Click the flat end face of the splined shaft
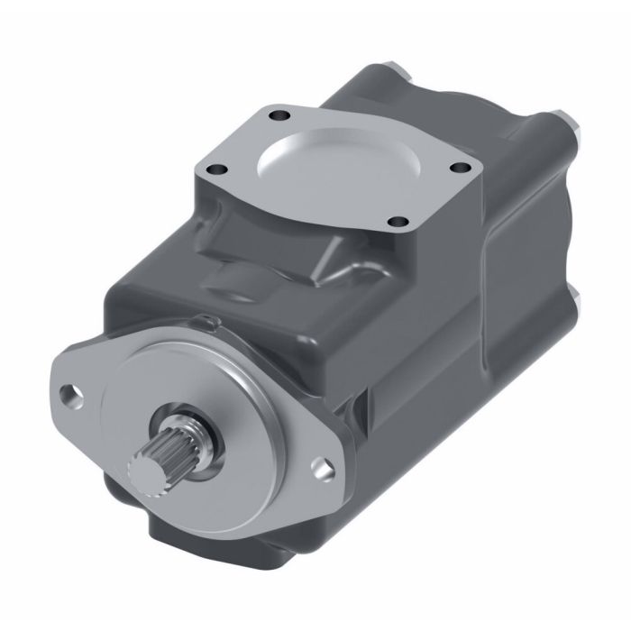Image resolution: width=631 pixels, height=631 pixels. click(144, 470)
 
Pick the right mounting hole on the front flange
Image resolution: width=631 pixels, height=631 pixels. click(318, 466)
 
